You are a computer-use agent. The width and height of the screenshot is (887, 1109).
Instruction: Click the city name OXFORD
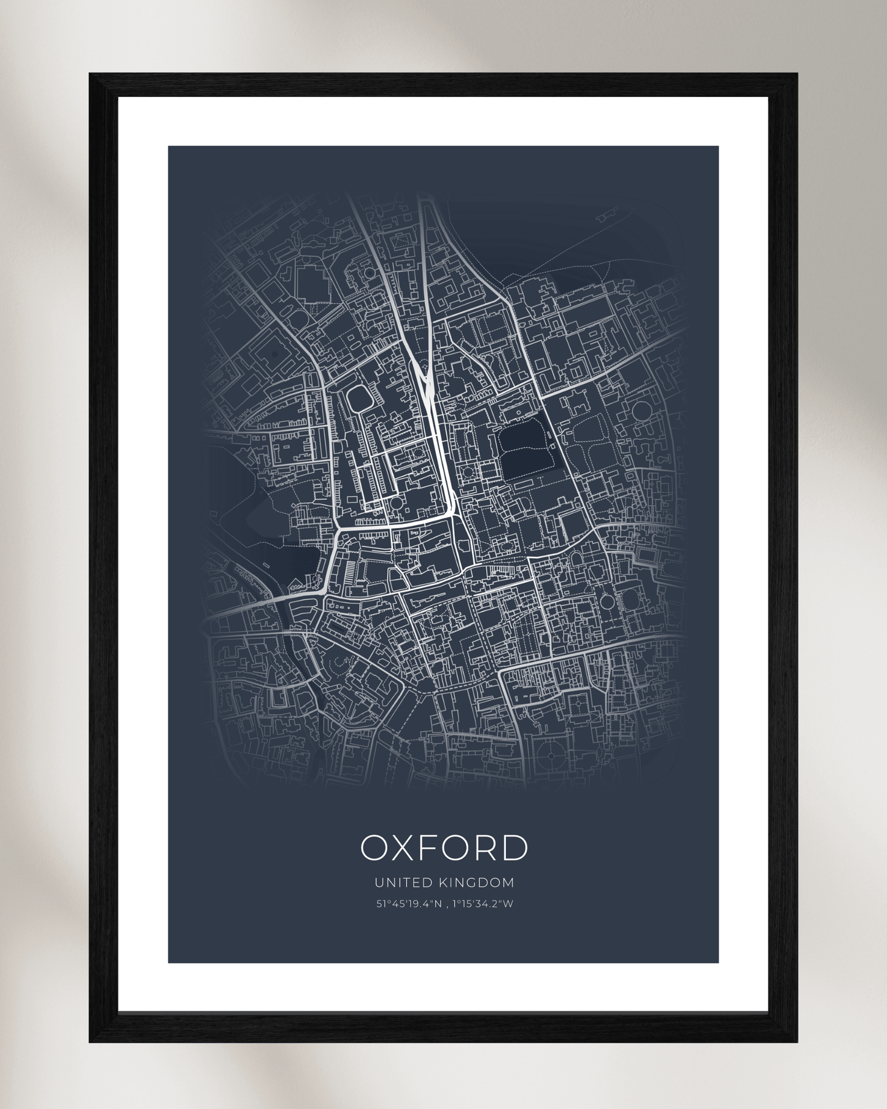tap(443, 848)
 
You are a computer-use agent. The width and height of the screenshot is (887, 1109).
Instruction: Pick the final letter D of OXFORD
tap(514, 848)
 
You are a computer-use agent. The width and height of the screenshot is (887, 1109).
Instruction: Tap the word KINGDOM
tap(476, 882)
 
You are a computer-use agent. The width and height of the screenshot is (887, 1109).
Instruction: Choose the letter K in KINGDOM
tap(443, 882)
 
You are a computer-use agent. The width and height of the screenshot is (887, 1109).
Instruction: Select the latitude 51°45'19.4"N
tap(408, 903)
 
